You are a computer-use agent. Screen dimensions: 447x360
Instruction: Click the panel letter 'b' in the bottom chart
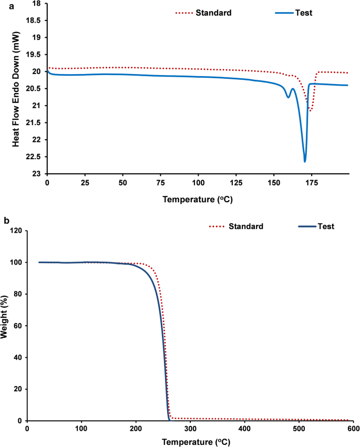5,221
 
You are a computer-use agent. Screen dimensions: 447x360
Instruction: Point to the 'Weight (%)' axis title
5,325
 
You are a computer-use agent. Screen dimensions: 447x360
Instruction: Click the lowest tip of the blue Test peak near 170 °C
305,161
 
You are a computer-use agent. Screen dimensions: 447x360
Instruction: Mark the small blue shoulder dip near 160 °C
288,97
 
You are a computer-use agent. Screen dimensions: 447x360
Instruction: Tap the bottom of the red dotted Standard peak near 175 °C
311,111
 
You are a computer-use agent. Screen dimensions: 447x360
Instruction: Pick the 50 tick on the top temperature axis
122,182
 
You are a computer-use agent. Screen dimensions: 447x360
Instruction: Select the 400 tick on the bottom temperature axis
244,429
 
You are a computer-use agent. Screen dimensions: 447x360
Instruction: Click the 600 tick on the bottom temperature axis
353,429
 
